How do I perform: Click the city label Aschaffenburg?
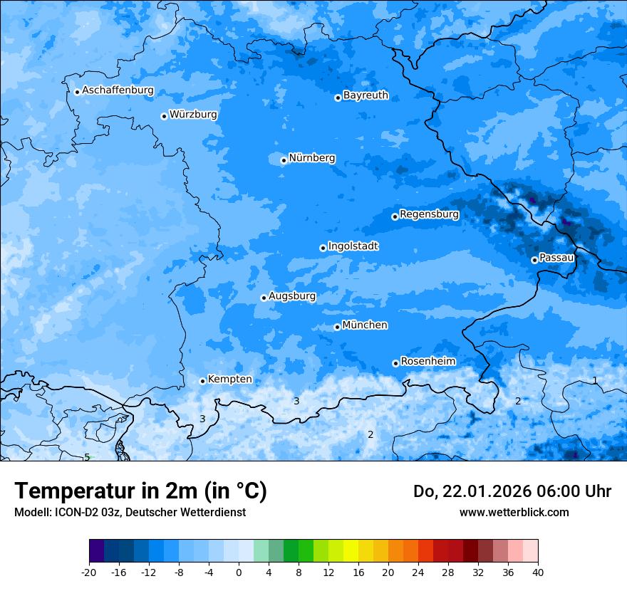click(x=118, y=90)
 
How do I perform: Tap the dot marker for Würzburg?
click(x=164, y=116)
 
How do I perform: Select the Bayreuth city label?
click(x=366, y=95)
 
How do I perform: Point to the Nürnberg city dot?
click(x=284, y=160)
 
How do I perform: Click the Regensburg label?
click(x=429, y=214)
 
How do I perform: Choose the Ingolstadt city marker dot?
click(x=323, y=248)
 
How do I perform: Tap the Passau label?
click(x=556, y=257)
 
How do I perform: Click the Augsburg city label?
click(x=292, y=295)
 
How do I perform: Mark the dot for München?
click(x=337, y=327)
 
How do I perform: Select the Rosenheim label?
click(x=427, y=361)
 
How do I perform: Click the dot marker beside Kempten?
click(x=202, y=381)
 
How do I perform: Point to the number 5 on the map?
click(x=87, y=457)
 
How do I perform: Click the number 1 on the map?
click(x=595, y=380)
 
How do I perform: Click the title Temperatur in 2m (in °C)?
click(x=140, y=491)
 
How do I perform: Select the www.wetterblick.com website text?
click(x=514, y=512)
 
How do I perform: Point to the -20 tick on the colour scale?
click(x=89, y=572)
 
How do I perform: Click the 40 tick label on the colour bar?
click(x=537, y=572)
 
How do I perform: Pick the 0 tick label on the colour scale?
click(x=239, y=572)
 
